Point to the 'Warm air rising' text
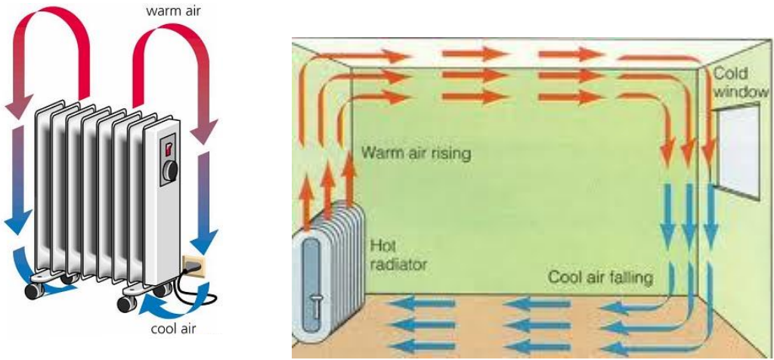416,153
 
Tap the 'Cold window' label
741,82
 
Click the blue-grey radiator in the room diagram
325,272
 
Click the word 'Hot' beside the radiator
381,245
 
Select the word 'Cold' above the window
731,73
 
